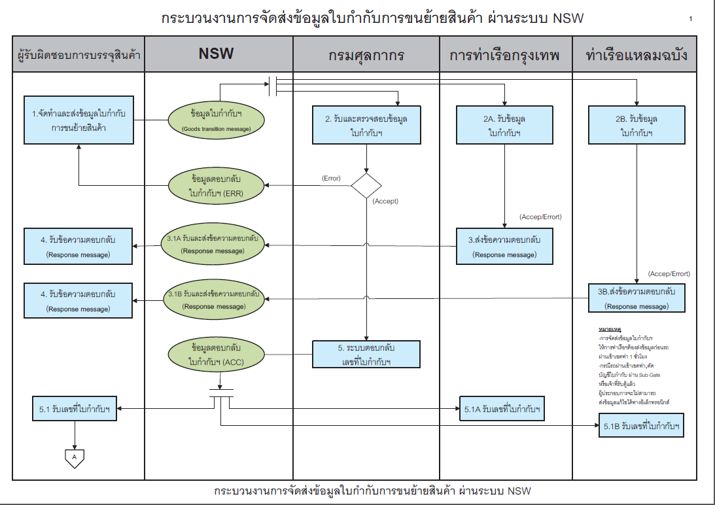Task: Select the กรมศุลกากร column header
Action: (x=366, y=55)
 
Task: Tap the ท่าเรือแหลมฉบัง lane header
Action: (x=638, y=55)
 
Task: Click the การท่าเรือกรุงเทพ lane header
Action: (x=505, y=55)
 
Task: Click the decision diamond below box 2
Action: (x=366, y=185)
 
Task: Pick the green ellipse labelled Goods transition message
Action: (x=216, y=120)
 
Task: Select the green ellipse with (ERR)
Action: (x=216, y=186)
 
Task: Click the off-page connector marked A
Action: (x=74, y=457)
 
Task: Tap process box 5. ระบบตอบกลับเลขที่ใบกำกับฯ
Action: (x=366, y=354)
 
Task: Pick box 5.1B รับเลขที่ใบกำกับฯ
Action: (x=642, y=426)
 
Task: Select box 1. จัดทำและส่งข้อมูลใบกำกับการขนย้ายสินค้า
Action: (x=79, y=120)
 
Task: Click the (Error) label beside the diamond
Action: (x=331, y=178)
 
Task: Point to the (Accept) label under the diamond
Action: (x=385, y=201)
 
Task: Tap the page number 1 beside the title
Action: (x=690, y=19)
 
